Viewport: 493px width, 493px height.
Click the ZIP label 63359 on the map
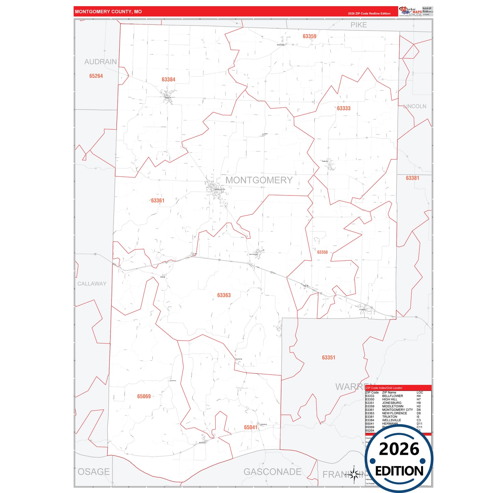point(309,36)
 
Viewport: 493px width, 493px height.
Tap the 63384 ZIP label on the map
point(169,79)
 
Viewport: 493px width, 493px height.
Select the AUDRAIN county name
point(100,62)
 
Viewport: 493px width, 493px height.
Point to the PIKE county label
point(359,25)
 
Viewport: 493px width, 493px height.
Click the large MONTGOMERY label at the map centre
point(259,180)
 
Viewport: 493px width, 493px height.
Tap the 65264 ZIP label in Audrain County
point(96,76)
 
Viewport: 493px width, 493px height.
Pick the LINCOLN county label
point(415,106)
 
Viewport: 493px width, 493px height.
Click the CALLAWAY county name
point(92,284)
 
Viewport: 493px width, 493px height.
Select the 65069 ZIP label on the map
point(144,396)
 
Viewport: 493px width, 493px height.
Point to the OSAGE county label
point(94,472)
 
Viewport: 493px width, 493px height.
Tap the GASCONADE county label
point(272,472)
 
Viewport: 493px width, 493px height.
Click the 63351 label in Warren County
point(329,358)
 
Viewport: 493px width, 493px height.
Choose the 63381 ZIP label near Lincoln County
point(412,178)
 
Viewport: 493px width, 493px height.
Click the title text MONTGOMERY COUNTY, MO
point(108,12)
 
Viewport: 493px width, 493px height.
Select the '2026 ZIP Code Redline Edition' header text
point(369,14)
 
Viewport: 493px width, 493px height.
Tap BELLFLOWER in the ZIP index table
point(392,396)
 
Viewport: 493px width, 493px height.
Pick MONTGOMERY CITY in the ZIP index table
point(397,410)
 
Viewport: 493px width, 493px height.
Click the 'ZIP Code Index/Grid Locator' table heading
point(384,388)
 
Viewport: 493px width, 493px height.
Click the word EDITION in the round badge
point(399,471)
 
